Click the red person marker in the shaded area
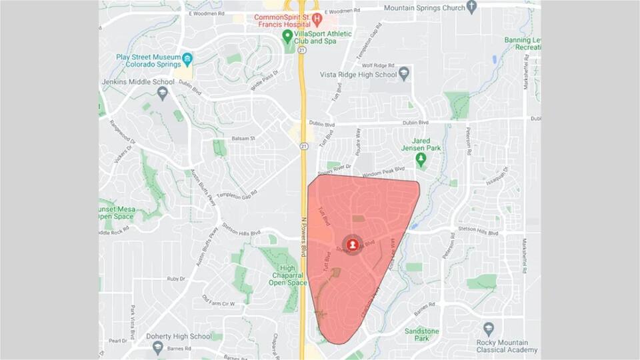tap(353, 245)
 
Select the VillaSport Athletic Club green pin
tap(287, 35)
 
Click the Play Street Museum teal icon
tap(187, 60)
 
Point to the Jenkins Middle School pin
tap(163, 93)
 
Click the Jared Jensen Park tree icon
tap(421, 159)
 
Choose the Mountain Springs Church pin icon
tap(472, 7)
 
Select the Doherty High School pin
tap(158, 347)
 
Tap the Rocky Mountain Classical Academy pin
tap(489, 329)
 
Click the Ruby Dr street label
tap(176, 279)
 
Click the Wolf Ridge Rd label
tap(375, 66)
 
